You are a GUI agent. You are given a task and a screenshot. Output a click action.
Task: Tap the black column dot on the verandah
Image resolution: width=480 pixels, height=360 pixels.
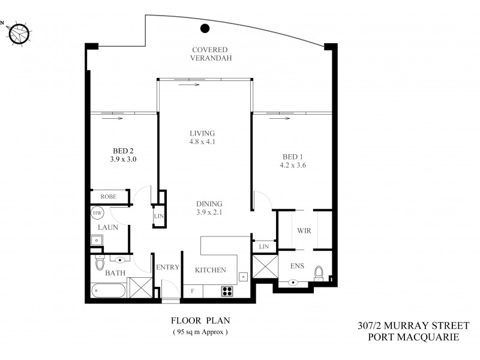pos(205,27)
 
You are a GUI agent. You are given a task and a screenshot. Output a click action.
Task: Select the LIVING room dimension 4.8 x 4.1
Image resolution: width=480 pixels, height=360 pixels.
pos(202,143)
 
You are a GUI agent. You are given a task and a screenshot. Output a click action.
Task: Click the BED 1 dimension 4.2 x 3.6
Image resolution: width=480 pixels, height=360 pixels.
pos(294,166)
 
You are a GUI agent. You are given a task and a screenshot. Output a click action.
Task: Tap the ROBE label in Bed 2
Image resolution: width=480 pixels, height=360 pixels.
pos(109,196)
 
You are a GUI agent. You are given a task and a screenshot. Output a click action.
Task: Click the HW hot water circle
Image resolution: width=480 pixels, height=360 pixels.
pos(97,212)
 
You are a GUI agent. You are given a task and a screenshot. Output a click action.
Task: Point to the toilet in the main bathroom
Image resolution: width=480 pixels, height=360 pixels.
pos(100,263)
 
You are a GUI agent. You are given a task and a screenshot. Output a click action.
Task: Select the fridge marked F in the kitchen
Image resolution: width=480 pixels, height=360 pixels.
pos(192,292)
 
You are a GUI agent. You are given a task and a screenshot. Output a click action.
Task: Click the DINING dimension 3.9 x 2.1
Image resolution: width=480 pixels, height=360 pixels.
pos(209,212)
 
